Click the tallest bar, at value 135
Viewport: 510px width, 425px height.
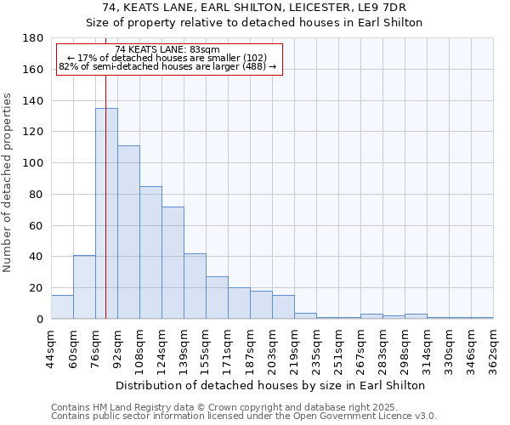click(106, 213)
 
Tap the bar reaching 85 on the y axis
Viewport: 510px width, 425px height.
click(150, 252)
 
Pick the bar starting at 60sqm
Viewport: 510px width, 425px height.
click(84, 287)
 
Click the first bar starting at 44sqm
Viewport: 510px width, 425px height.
click(62, 307)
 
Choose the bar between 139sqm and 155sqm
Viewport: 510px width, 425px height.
click(195, 286)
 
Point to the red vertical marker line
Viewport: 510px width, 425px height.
click(105, 195)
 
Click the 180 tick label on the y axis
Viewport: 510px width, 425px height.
click(33, 38)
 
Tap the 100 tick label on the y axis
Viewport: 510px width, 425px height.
click(33, 163)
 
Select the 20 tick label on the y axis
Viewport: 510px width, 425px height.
click(37, 288)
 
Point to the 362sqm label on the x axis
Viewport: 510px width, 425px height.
click(493, 350)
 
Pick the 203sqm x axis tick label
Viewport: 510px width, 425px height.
click(272, 350)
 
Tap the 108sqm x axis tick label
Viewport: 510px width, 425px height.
click(139, 350)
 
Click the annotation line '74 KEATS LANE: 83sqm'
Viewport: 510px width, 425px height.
click(167, 50)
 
